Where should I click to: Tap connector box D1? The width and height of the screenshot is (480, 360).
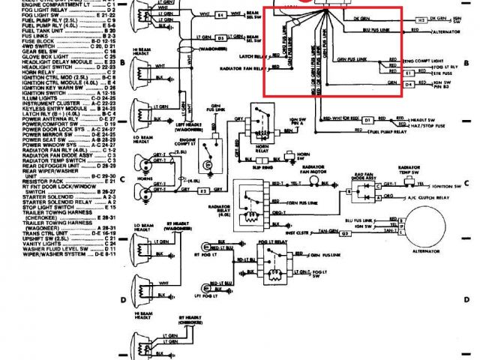pyautogui.click(x=367, y=120)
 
